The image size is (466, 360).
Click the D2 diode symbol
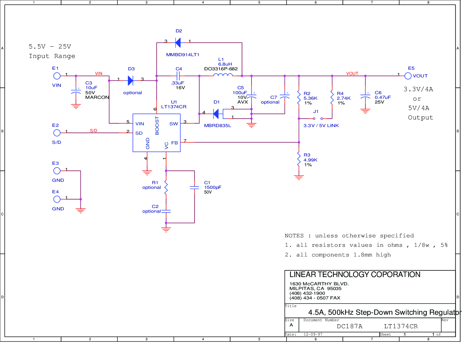click(178, 43)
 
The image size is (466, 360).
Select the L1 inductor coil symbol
click(223, 75)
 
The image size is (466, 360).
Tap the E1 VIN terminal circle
click(57, 76)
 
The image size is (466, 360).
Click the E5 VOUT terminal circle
click(408, 76)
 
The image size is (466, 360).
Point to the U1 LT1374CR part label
click(174, 107)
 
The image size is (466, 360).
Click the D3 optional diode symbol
click(130, 81)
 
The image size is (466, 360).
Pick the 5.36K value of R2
click(310, 98)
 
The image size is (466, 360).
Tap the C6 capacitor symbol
click(365, 97)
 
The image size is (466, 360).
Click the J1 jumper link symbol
click(318, 119)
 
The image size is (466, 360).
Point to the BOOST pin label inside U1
click(157, 126)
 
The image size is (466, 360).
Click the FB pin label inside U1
click(174, 143)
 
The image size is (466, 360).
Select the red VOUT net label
click(352, 74)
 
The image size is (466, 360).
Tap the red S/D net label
click(94, 131)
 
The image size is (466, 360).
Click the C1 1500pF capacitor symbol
click(194, 187)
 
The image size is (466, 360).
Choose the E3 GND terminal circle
click(57, 171)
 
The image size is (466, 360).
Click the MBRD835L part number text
click(217, 126)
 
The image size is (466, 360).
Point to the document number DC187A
click(349, 326)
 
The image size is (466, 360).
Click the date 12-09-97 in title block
click(313, 334)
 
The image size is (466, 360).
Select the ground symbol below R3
click(299, 177)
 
